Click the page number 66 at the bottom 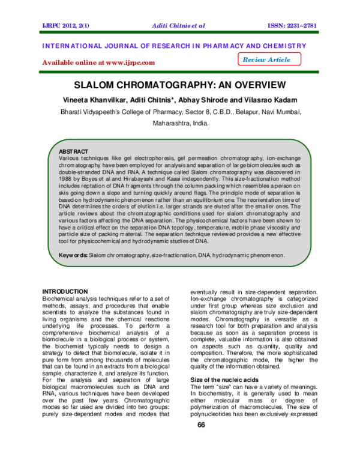pyautogui.click(x=202, y=425)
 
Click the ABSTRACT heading pyautogui.click(x=73, y=151)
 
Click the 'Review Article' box pyautogui.click(x=266, y=59)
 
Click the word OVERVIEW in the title pyautogui.click(x=254, y=85)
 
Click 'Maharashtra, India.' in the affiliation pyautogui.click(x=180, y=123)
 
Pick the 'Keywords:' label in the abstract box pyautogui.click(x=73, y=255)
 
